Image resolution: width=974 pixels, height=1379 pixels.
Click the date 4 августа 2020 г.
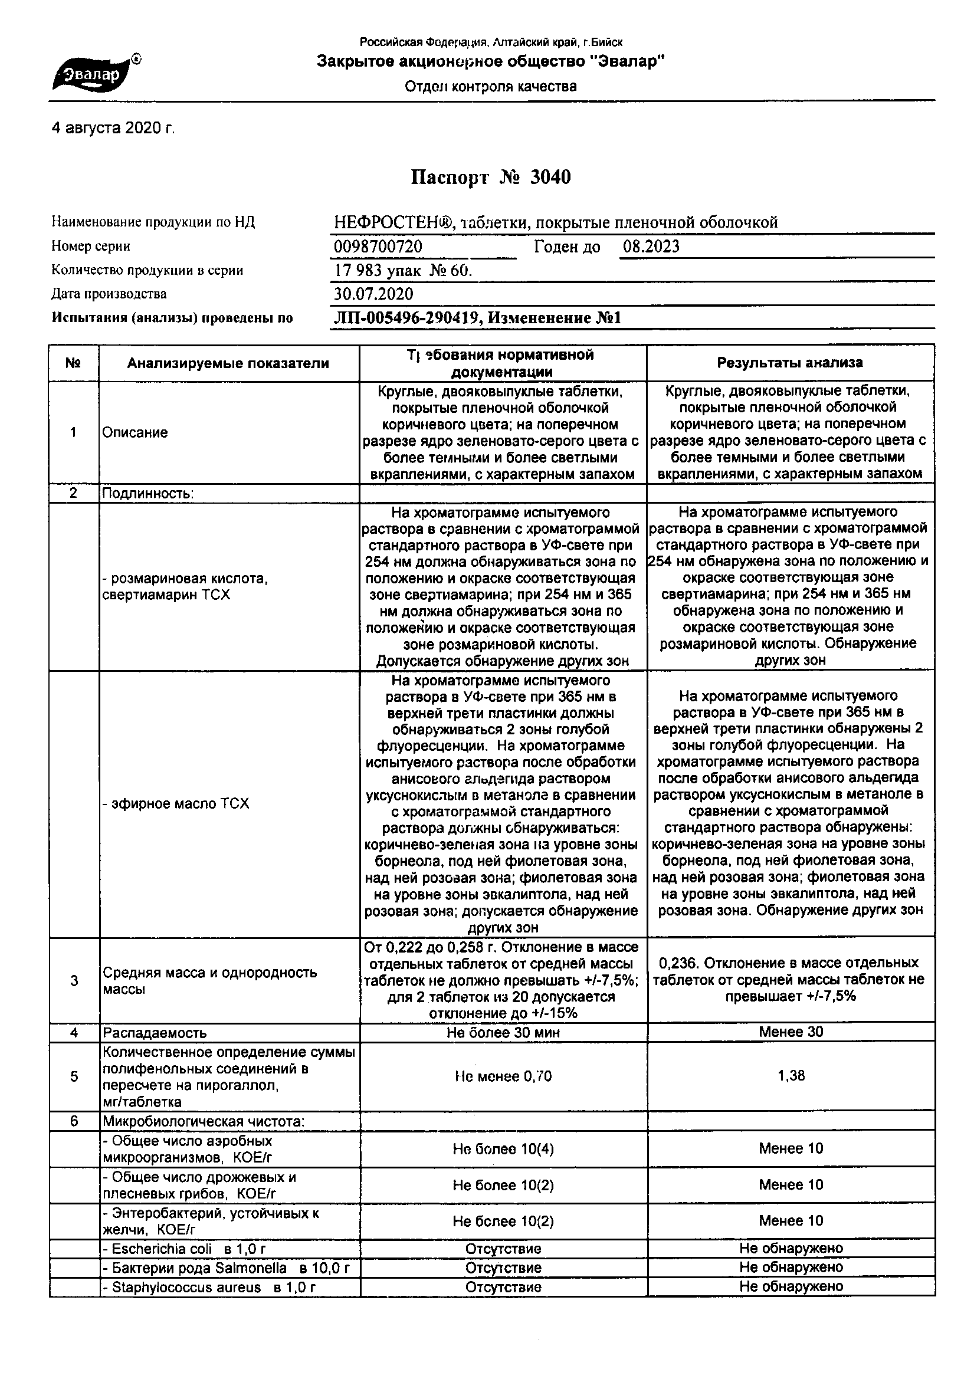tap(113, 128)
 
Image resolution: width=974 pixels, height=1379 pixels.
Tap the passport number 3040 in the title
tap(550, 177)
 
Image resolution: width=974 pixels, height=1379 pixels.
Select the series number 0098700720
tap(378, 247)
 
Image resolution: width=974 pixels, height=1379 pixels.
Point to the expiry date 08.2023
tap(651, 247)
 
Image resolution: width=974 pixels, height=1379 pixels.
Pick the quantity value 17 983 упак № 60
tap(403, 270)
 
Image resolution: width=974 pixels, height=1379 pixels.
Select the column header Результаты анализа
tap(790, 363)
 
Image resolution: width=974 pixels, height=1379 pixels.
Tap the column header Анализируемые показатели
tap(228, 363)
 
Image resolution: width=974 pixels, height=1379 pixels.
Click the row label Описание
tap(135, 432)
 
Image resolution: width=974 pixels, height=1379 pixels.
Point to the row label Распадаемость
tap(155, 1032)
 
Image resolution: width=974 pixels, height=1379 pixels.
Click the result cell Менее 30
tap(791, 1032)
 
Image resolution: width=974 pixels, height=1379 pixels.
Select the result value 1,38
tap(791, 1076)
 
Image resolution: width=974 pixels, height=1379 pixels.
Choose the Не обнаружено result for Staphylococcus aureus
tap(791, 1286)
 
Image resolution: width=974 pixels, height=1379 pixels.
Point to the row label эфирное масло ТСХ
tap(175, 803)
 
